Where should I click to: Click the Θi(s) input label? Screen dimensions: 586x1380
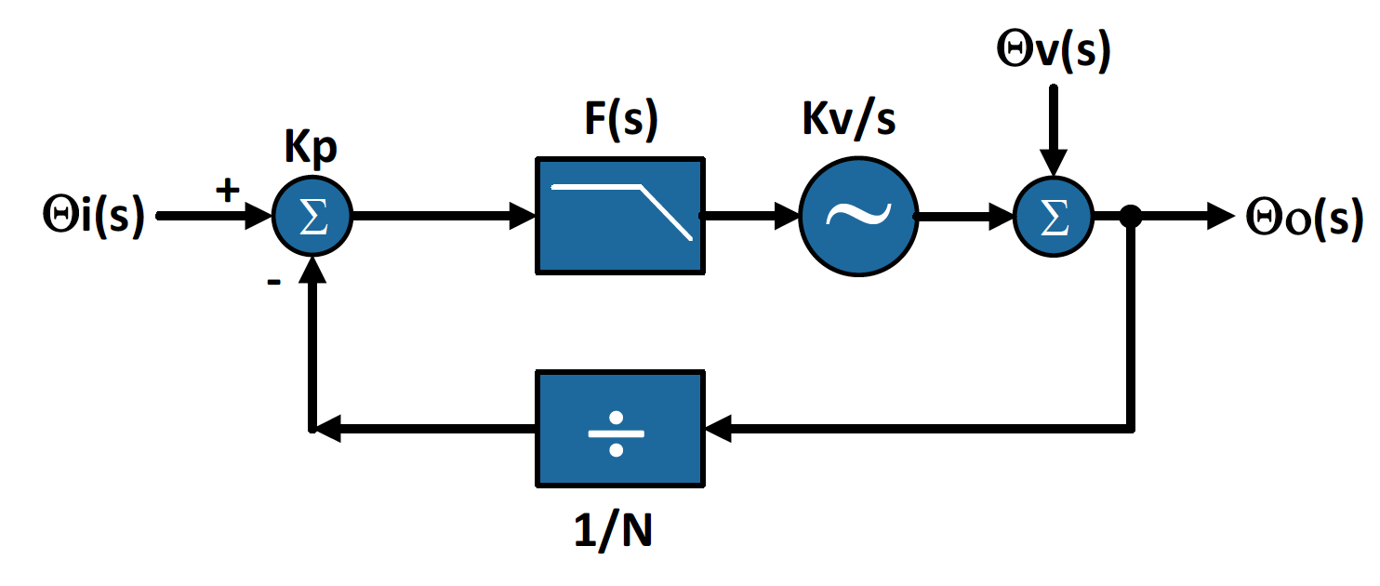[x=93, y=217]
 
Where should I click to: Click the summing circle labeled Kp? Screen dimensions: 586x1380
[x=312, y=218]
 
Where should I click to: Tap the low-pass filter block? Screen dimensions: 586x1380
[x=618, y=217]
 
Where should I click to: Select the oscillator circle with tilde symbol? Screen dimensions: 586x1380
[x=858, y=217]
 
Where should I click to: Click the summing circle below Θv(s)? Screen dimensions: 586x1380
[x=1052, y=218]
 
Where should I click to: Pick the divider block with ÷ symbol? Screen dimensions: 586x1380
[x=618, y=428]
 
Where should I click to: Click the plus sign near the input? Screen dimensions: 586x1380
[x=227, y=191]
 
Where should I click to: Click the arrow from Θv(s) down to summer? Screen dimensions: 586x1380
[x=1052, y=130]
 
